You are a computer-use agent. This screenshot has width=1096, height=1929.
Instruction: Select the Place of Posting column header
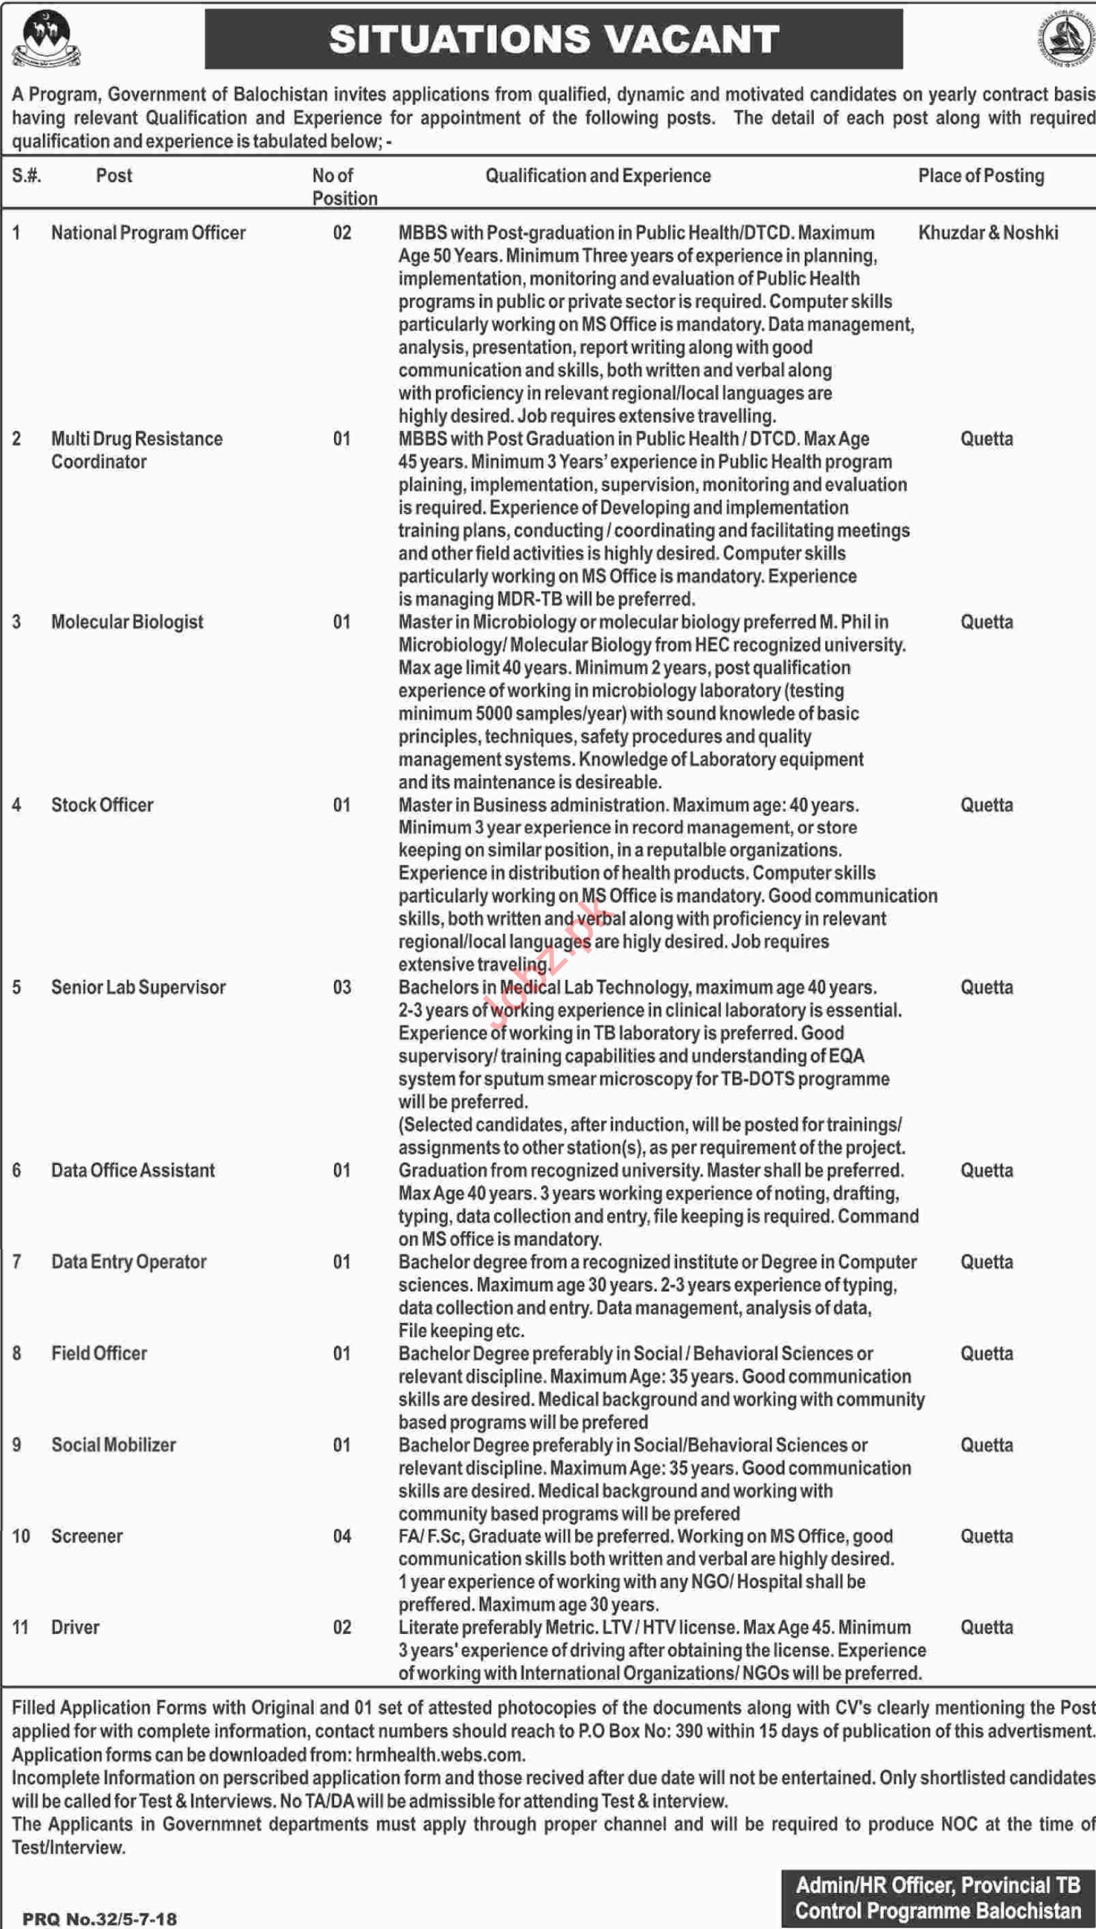click(980, 175)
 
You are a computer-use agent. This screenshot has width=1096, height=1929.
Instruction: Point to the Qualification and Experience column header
click(598, 175)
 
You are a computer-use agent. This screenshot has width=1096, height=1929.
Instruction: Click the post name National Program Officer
click(148, 232)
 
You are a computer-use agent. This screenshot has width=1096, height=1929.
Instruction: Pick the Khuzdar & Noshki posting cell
click(988, 232)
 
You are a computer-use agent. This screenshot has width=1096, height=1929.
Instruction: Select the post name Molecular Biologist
click(127, 622)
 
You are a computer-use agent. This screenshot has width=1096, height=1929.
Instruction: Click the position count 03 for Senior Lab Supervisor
click(342, 987)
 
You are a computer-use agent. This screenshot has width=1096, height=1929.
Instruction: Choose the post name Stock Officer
click(103, 805)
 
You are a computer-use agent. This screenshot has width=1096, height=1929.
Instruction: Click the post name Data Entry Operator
click(128, 1262)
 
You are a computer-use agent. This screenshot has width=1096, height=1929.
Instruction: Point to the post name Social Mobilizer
click(114, 1445)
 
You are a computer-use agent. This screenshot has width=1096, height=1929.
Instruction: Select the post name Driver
click(75, 1627)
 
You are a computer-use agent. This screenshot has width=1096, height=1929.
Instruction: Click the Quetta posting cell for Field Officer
click(986, 1353)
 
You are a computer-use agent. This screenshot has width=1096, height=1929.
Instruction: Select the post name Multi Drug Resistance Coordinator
click(136, 449)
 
